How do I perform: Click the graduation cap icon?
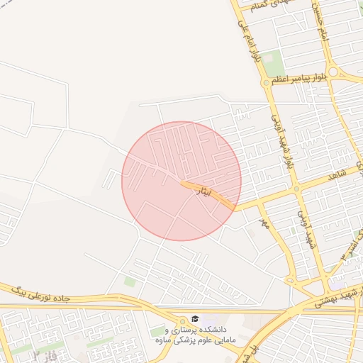[x=195, y=320]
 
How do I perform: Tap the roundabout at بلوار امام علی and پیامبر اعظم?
[x=267, y=83]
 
